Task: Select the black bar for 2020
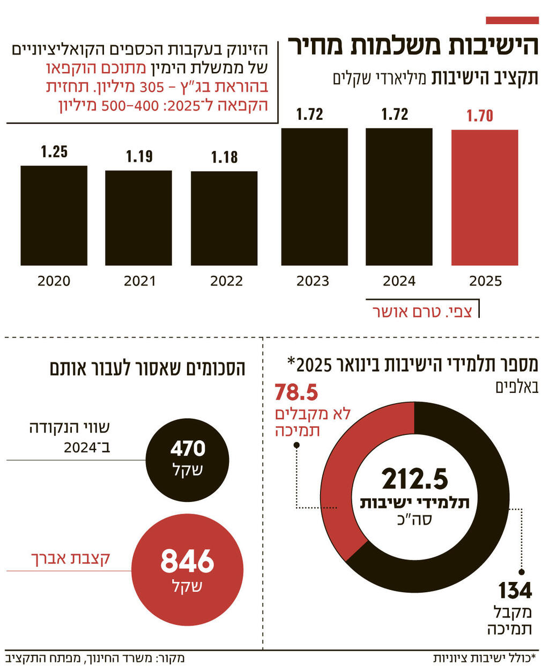[54, 215]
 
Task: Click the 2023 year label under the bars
[313, 281]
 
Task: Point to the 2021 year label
[139, 281]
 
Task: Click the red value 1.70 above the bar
[479, 115]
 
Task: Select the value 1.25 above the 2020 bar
[54, 152]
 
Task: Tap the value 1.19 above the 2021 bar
[139, 156]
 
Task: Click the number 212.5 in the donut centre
[414, 479]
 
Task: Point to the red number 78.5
[296, 393]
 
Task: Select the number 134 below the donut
[515, 591]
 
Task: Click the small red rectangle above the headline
[512, 20]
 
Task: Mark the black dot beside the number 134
[522, 572]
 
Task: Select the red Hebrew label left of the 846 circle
[71, 558]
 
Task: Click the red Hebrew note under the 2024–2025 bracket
[422, 312]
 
